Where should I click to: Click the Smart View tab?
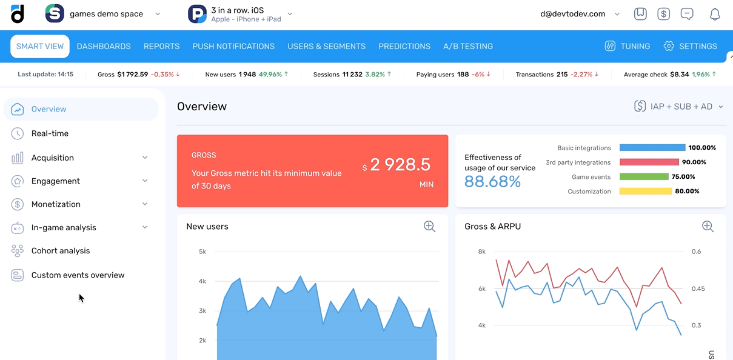(x=40, y=47)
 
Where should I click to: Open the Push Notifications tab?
(x=233, y=47)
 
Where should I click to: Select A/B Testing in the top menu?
(x=468, y=47)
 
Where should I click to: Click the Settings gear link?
(x=691, y=47)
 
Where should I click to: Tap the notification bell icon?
(x=715, y=15)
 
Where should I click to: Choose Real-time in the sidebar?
(x=50, y=133)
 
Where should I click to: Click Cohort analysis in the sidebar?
(x=60, y=251)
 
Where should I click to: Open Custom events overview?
(x=78, y=275)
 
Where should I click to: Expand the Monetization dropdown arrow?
(x=145, y=204)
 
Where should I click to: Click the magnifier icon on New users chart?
(x=430, y=227)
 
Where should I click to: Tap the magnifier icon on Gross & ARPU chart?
(x=708, y=227)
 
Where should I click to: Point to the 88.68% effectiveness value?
(x=492, y=182)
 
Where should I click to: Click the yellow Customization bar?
(x=646, y=192)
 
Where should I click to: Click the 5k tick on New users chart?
(x=202, y=252)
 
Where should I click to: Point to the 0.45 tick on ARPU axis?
(x=698, y=288)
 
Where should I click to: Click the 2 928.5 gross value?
(x=400, y=165)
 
